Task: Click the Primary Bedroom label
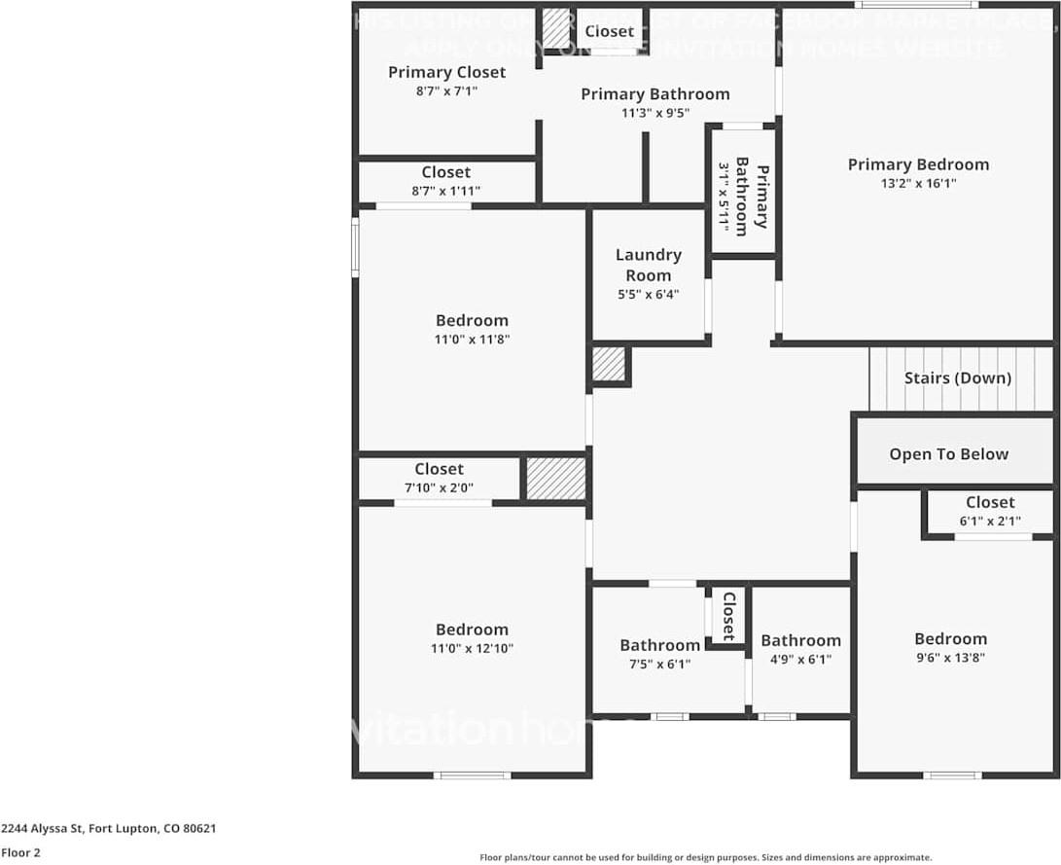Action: point(918,164)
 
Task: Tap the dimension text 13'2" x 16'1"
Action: point(918,183)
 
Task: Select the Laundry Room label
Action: point(648,265)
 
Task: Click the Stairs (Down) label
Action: point(957,378)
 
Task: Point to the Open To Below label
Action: point(948,454)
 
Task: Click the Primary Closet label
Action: point(446,72)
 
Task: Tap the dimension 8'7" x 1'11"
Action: point(446,191)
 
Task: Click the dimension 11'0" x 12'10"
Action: point(472,648)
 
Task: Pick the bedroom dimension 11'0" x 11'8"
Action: point(472,339)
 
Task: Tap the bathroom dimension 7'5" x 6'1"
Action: point(659,664)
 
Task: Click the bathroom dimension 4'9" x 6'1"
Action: point(800,659)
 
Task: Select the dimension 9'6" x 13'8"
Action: point(950,657)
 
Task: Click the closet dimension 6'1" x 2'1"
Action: point(989,521)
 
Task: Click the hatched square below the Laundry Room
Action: point(610,365)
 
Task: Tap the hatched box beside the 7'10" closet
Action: point(555,479)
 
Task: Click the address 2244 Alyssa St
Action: point(108,829)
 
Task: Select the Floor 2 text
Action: point(21,852)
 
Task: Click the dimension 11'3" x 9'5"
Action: point(654,113)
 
